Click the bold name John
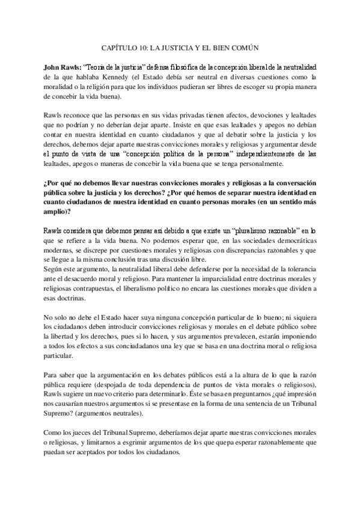click(x=53, y=66)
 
